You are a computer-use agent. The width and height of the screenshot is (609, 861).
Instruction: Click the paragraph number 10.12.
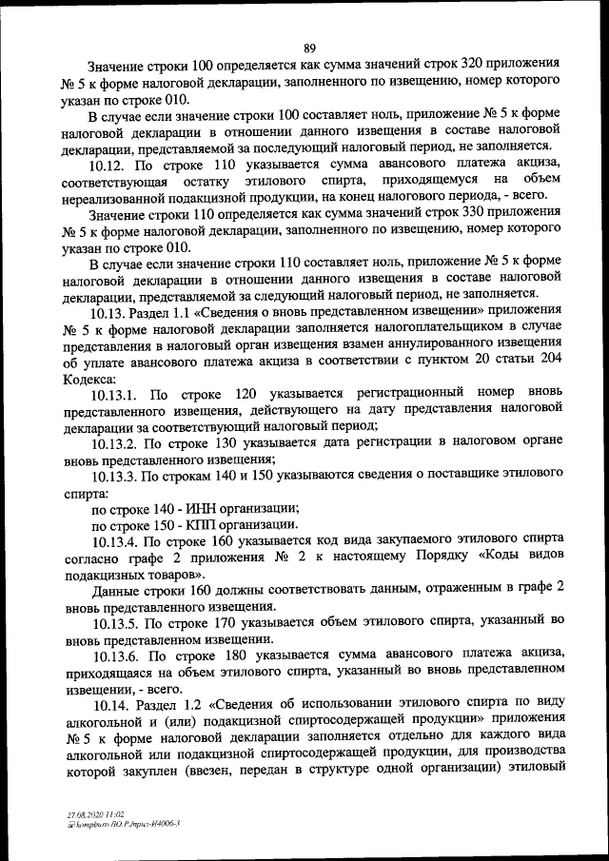pyautogui.click(x=109, y=165)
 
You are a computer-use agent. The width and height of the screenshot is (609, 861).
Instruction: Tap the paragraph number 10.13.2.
pyautogui.click(x=115, y=442)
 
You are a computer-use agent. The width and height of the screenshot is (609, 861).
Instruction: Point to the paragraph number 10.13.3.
pyautogui.click(x=115, y=476)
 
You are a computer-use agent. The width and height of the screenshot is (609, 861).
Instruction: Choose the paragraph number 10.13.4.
pyautogui.click(x=115, y=541)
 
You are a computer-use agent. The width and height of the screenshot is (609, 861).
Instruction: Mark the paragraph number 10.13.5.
pyautogui.click(x=115, y=623)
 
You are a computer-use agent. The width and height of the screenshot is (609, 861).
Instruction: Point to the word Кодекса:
pyautogui.click(x=92, y=377)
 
